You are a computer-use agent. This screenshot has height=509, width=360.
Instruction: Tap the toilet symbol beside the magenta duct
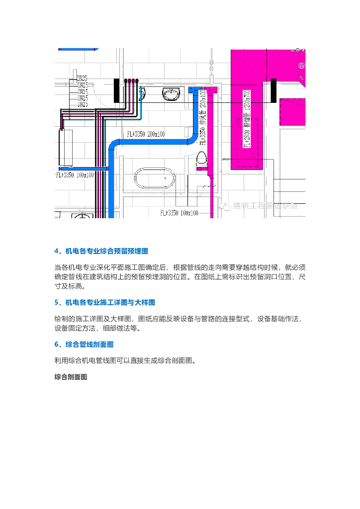(201, 160)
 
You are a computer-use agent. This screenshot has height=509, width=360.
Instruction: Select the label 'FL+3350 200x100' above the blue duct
(146, 134)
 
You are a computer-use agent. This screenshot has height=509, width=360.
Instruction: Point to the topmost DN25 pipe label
(82, 79)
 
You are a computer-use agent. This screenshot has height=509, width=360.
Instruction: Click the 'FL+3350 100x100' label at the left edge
(74, 174)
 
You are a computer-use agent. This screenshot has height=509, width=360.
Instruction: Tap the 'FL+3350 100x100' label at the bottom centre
(179, 213)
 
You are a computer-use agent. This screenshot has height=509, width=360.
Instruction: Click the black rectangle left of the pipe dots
(117, 90)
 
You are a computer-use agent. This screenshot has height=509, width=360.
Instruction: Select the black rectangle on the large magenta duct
(273, 90)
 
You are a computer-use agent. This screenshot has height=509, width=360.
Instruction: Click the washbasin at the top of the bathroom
(172, 93)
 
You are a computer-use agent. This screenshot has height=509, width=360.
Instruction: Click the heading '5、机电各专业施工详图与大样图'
(112, 302)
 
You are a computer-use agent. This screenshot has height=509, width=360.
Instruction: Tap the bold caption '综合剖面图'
(71, 377)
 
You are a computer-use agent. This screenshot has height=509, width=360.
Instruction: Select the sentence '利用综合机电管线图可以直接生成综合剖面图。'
(124, 360)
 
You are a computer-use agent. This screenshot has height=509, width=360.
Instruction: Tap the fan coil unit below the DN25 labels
(66, 147)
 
